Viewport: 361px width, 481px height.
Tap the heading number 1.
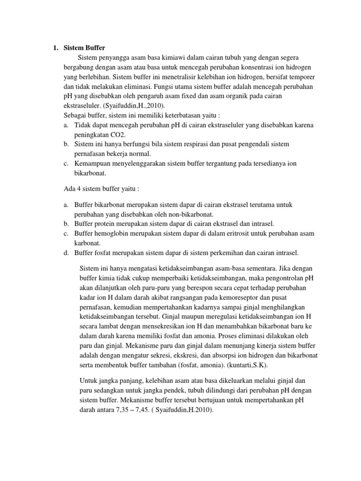click(55, 47)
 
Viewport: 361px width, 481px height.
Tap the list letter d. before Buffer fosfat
click(65, 253)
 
